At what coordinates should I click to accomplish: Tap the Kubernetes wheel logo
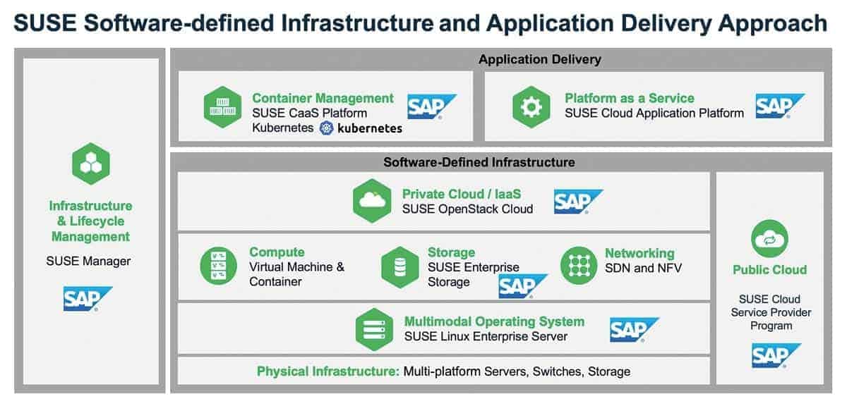point(326,128)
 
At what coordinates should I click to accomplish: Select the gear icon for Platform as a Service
point(531,107)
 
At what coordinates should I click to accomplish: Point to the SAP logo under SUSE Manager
point(88,299)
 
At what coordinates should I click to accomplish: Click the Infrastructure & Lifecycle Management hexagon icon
point(90,164)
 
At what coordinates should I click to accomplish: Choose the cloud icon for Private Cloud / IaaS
point(372,201)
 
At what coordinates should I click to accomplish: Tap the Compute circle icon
point(218,266)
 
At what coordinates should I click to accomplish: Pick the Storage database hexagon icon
point(400,267)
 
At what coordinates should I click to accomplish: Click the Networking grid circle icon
point(579,266)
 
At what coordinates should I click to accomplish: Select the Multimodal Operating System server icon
point(374,328)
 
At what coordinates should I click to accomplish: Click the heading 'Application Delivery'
point(539,59)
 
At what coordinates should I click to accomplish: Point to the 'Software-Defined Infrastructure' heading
point(479,162)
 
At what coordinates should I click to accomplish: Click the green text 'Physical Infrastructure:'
point(328,371)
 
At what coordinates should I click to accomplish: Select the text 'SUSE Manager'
point(88,261)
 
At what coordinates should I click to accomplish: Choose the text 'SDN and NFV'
point(643,268)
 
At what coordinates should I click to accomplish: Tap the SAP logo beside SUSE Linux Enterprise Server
point(634,329)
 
